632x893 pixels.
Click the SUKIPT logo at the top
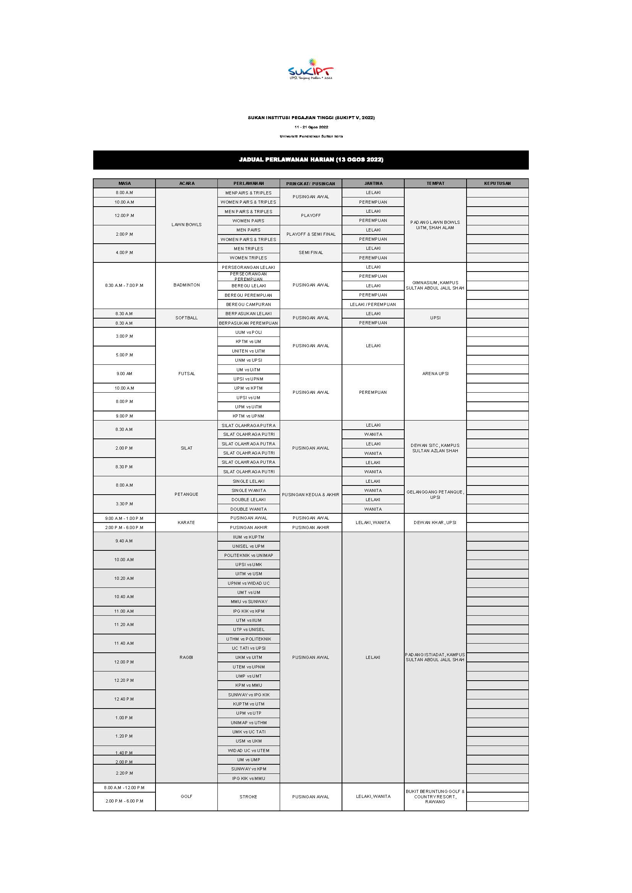(x=311, y=70)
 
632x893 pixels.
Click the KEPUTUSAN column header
(x=497, y=183)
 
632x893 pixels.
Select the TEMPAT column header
(x=435, y=183)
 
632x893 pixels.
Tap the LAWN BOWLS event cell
(x=186, y=225)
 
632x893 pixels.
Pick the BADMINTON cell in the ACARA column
(x=186, y=285)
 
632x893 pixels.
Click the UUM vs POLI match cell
(x=248, y=332)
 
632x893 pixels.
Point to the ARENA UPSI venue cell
(x=435, y=374)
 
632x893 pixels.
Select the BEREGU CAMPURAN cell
(x=248, y=304)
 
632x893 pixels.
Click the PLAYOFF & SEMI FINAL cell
(x=311, y=234)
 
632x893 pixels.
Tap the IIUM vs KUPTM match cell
(x=248, y=537)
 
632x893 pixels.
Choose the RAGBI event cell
(x=186, y=657)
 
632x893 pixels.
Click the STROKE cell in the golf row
(x=248, y=796)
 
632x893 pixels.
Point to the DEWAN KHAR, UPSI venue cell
(x=435, y=523)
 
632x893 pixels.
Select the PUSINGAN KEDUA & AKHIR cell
(x=311, y=495)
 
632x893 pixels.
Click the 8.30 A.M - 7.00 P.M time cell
(x=124, y=285)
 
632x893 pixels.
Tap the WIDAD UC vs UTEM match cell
(x=248, y=750)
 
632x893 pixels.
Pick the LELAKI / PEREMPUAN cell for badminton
(x=373, y=304)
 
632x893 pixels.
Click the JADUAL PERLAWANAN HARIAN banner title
(x=311, y=160)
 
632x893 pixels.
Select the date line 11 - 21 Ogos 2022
(x=311, y=127)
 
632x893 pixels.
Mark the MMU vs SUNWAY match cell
(x=248, y=602)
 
